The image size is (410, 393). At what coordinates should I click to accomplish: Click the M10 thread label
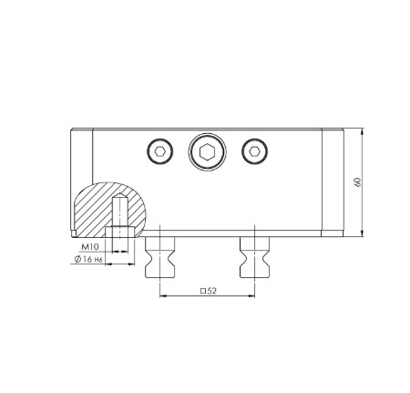[x=89, y=247]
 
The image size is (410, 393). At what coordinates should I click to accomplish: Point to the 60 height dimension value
[x=361, y=182]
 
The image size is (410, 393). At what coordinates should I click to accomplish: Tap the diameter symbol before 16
[x=74, y=262]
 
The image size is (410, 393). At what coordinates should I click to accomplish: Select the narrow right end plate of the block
[x=330, y=182]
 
